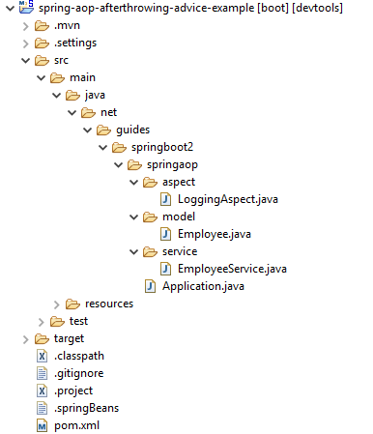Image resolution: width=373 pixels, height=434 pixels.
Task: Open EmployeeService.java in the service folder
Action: pos(233,269)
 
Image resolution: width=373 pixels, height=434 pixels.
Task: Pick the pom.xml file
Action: pos(77,425)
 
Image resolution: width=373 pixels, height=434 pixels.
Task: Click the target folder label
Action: pos(71,338)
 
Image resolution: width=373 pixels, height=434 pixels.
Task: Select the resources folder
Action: pos(109,304)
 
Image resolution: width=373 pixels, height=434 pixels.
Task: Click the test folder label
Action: pos(79,321)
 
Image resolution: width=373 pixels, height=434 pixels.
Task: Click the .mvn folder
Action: pos(68,25)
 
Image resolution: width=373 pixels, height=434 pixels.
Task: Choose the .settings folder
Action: pos(75,43)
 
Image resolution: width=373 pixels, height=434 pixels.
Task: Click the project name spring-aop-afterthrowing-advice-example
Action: pos(145,8)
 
